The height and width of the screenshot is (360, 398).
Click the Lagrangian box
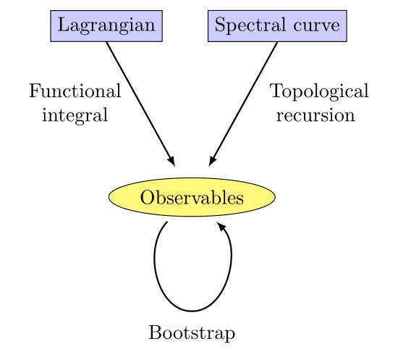tap(106, 26)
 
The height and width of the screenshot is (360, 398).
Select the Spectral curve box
tap(277, 26)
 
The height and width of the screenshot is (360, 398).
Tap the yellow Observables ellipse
tap(192, 197)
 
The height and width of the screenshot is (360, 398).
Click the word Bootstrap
tap(192, 333)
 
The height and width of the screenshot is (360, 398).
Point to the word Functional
tap(75, 92)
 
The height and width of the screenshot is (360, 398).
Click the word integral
tap(75, 115)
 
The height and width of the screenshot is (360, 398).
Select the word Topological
tap(319, 92)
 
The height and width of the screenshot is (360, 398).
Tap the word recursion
tap(316, 115)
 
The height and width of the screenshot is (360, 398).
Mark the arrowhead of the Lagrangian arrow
tap(172, 162)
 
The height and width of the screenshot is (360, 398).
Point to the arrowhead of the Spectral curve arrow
tap(212, 162)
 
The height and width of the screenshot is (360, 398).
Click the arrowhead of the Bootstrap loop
tap(221, 227)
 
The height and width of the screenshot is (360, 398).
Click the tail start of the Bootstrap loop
tap(166, 223)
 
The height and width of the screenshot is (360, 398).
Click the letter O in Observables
tap(146, 197)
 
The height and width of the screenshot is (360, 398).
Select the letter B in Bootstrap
tap(153, 333)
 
